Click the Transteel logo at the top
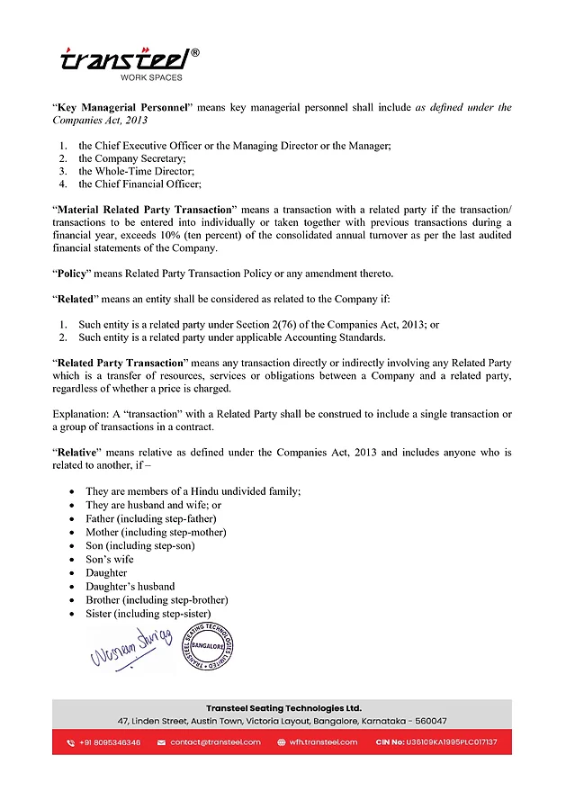pos(125,62)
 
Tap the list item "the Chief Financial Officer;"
pos(139,184)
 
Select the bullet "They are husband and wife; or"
pos(153,505)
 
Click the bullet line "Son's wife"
pos(109,559)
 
